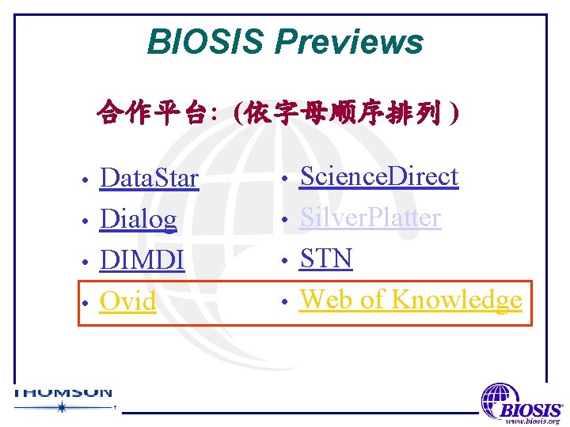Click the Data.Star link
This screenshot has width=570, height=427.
pyautogui.click(x=148, y=179)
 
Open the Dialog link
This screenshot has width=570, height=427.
pyautogui.click(x=138, y=219)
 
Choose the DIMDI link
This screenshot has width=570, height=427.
pyautogui.click(x=142, y=260)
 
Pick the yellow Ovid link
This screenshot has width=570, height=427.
pyautogui.click(x=127, y=301)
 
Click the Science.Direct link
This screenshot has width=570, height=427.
pyautogui.click(x=378, y=176)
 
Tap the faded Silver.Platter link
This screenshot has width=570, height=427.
pyautogui.click(x=369, y=217)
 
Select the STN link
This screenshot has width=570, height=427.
pyautogui.click(x=325, y=259)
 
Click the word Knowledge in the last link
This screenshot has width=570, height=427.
pyautogui.click(x=456, y=300)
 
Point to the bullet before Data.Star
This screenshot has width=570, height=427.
pyautogui.click(x=85, y=180)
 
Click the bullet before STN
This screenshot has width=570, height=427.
pyautogui.click(x=285, y=260)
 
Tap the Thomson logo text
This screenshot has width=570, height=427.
pyautogui.click(x=63, y=391)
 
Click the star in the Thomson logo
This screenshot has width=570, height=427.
pyautogui.click(x=61, y=407)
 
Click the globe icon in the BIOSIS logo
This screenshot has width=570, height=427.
pyautogui.click(x=499, y=398)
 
